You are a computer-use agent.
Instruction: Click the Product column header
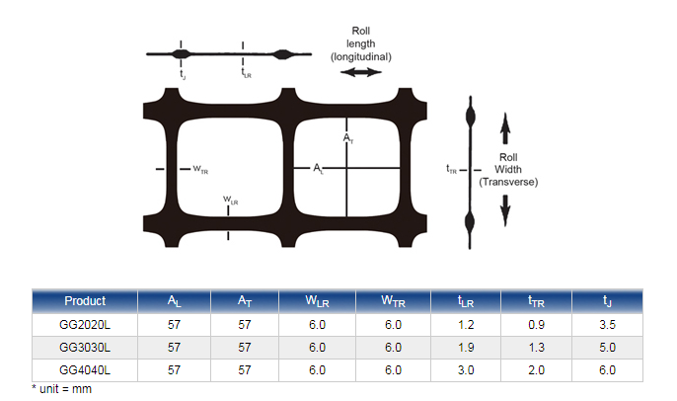coord(85,301)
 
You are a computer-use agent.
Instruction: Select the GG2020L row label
coord(85,323)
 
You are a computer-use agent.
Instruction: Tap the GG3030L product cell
coord(85,347)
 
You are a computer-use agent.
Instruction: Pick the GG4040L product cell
coord(85,370)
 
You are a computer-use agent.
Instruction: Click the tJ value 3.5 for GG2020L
coord(607,323)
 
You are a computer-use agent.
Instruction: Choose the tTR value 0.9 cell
coord(537,323)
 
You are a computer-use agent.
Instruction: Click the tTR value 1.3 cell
coord(537,347)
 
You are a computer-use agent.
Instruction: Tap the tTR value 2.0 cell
coord(537,370)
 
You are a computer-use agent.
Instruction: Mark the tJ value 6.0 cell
coord(607,370)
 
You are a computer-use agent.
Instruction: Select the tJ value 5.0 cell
coord(607,347)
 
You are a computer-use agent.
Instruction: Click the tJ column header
coord(607,301)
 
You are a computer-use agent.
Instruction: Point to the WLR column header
coord(317,301)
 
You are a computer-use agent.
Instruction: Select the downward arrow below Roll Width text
coord(504,208)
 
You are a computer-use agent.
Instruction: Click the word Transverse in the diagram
coord(508,182)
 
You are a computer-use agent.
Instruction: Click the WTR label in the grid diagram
coord(199,170)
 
